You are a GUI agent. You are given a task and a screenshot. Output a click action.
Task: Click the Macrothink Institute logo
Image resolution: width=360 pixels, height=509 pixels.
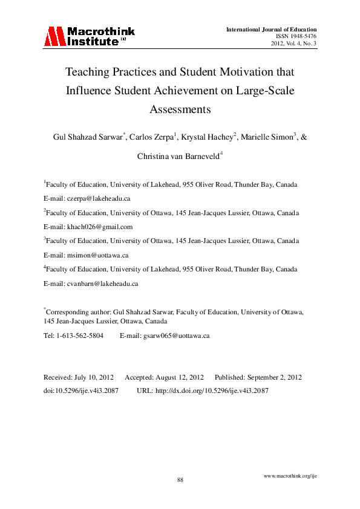[88, 36]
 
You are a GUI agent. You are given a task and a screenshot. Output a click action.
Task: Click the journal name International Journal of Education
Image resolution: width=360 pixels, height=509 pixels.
[271, 29]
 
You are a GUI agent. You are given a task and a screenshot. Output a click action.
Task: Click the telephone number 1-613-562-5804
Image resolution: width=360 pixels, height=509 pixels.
[79, 335]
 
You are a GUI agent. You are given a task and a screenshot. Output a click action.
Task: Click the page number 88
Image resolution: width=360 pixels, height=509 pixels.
[180, 479]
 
